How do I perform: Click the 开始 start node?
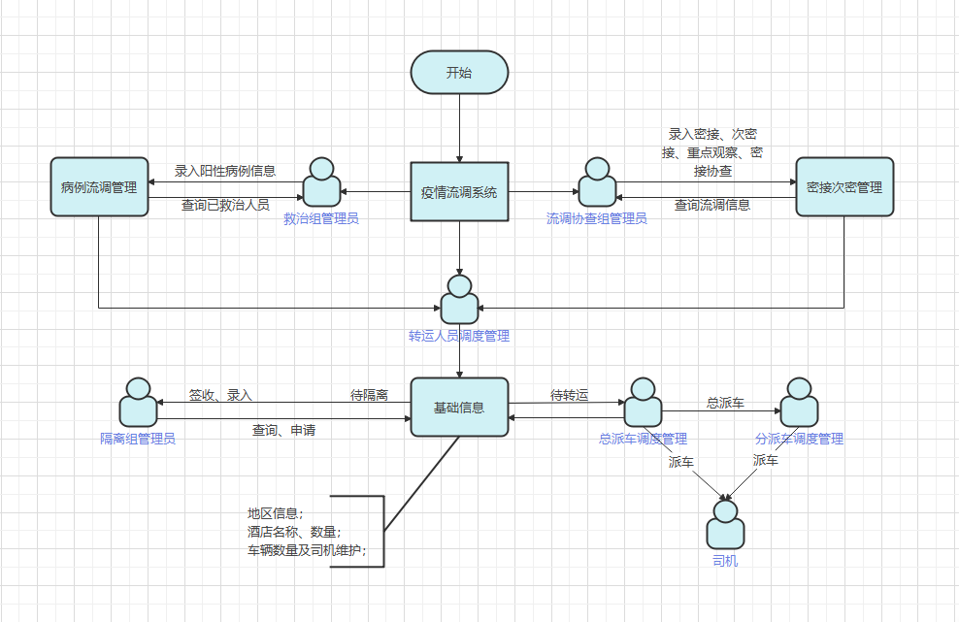[x=459, y=73]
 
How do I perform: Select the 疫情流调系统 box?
[x=459, y=191]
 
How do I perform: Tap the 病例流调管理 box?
[x=99, y=186]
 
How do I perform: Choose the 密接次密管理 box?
[x=843, y=186]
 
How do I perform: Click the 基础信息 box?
[x=459, y=408]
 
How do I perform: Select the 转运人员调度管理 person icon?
[x=459, y=301]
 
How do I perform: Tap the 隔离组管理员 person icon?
[x=138, y=403]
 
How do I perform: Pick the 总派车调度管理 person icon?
[x=643, y=403]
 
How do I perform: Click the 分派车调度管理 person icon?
[x=799, y=403]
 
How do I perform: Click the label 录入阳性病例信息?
[x=225, y=171]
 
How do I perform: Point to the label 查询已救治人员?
[x=225, y=205]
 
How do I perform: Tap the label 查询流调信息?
[x=712, y=205]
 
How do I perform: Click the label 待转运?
[x=569, y=395]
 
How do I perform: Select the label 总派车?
[x=725, y=402]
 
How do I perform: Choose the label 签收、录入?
[x=220, y=395]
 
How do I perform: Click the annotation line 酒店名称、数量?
[x=293, y=532]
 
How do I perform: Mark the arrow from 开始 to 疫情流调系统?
[x=459, y=126]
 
